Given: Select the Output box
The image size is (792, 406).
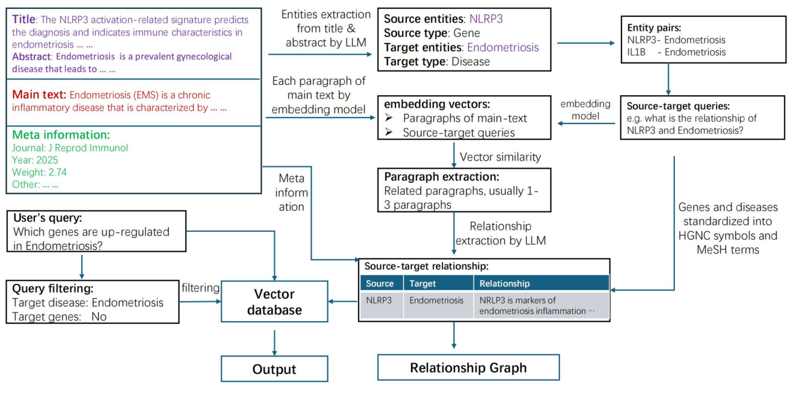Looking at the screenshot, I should click(x=274, y=369).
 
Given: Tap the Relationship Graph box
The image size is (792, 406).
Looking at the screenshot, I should click(x=468, y=367).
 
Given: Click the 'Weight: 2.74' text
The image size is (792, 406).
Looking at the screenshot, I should click(x=39, y=172).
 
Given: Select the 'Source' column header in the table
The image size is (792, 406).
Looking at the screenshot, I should click(x=380, y=283).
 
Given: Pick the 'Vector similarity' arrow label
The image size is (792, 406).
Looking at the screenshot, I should click(x=500, y=157).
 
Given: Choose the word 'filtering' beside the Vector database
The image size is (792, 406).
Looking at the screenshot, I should click(x=200, y=288).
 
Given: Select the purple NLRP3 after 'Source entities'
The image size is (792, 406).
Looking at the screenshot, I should click(x=486, y=19).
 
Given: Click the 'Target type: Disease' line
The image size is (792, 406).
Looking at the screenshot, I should click(x=437, y=61).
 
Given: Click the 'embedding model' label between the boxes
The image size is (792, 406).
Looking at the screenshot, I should click(x=585, y=110).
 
